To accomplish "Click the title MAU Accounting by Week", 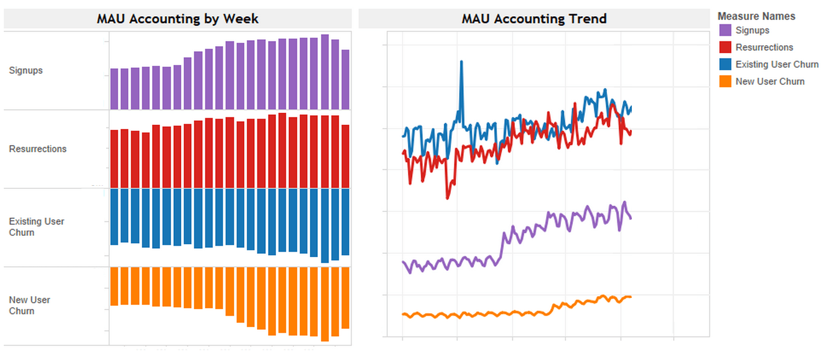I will pyautogui.click(x=178, y=19).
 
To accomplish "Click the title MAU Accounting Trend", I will pyautogui.click(x=534, y=19).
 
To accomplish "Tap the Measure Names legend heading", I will pyautogui.click(x=756, y=16).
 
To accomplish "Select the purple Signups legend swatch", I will pyautogui.click(x=725, y=30).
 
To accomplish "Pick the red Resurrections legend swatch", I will pyautogui.click(x=725, y=47).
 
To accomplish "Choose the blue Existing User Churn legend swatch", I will pyautogui.click(x=725, y=64).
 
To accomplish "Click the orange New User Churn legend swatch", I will pyautogui.click(x=725, y=81).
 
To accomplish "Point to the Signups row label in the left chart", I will pyautogui.click(x=26, y=71).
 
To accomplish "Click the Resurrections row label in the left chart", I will pyautogui.click(x=37, y=149).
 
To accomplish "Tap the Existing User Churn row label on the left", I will pyautogui.click(x=36, y=227).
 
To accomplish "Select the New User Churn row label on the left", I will pyautogui.click(x=29, y=306).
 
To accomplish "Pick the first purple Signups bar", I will pyautogui.click(x=114, y=89).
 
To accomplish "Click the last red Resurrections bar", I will pyautogui.click(x=345, y=156).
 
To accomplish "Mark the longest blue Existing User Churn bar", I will pyautogui.click(x=325, y=225).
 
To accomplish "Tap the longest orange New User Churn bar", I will pyautogui.click(x=325, y=304).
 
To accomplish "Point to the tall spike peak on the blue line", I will pyautogui.click(x=461, y=62).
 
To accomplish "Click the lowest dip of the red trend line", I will pyautogui.click(x=448, y=198).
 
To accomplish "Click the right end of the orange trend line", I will pyautogui.click(x=630, y=297).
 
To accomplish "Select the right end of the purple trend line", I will pyautogui.click(x=630, y=218).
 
